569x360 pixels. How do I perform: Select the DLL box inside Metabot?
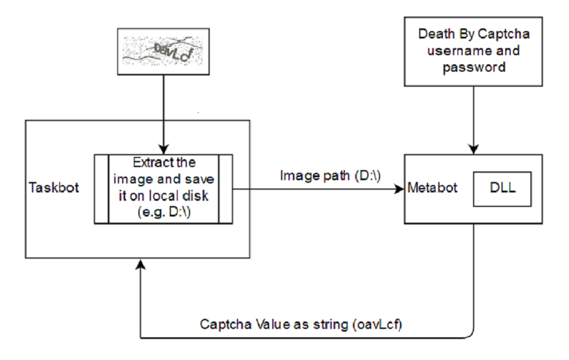(x=502, y=189)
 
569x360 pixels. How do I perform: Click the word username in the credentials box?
(x=460, y=51)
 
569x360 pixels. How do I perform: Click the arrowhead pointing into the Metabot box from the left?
(x=399, y=189)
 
